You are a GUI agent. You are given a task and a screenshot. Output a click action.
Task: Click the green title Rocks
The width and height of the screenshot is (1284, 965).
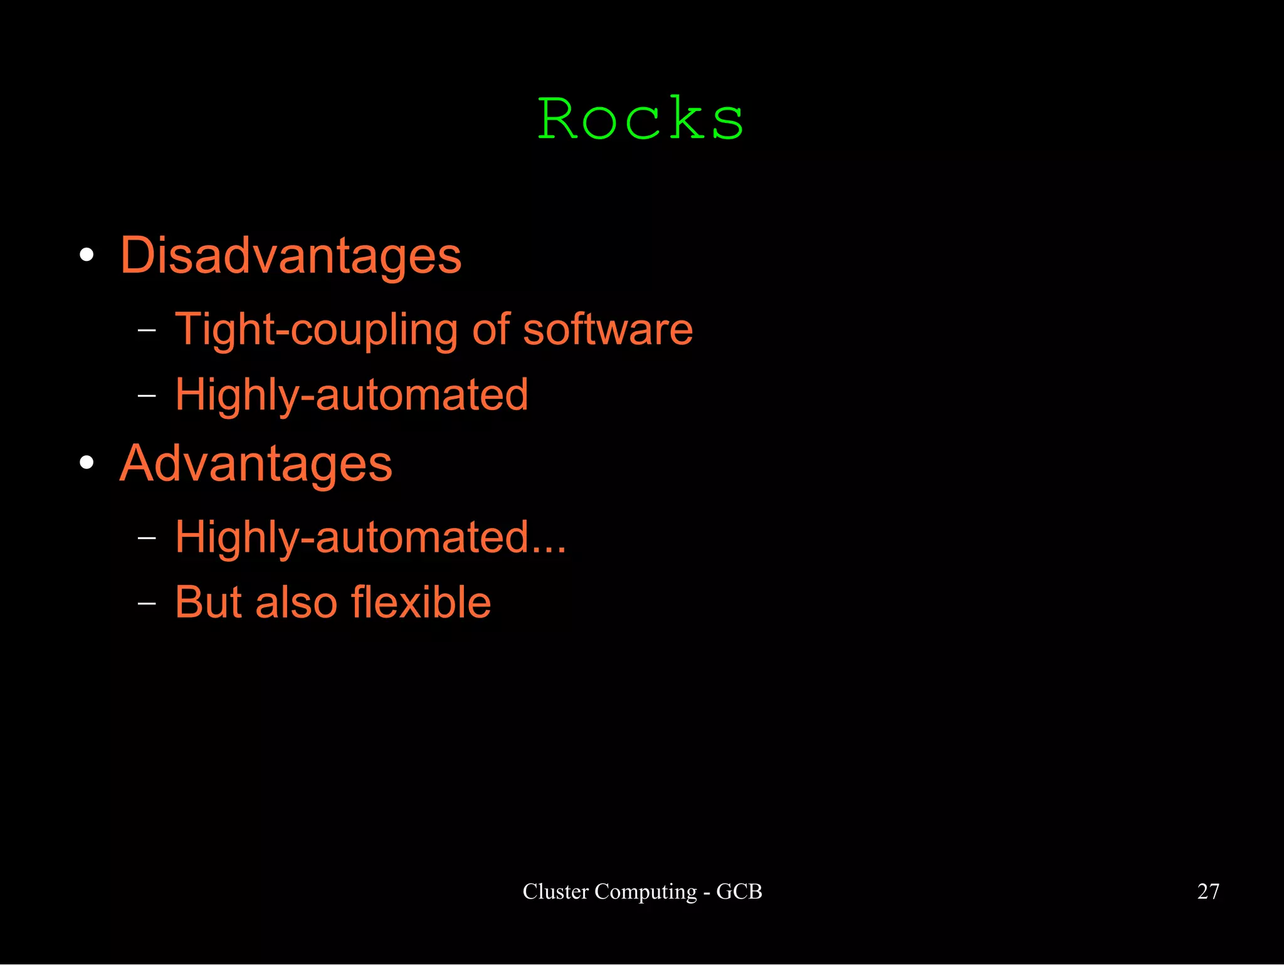click(641, 119)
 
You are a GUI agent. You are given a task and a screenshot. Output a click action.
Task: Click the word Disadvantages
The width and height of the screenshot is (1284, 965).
click(291, 256)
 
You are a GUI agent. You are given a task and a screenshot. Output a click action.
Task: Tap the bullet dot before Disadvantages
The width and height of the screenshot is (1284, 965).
click(87, 255)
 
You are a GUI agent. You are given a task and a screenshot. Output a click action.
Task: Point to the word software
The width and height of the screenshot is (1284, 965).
click(608, 330)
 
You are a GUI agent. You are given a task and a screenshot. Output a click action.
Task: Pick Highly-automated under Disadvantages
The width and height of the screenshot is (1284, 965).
click(352, 395)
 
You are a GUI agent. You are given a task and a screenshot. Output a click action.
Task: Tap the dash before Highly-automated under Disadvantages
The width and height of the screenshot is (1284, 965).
click(147, 396)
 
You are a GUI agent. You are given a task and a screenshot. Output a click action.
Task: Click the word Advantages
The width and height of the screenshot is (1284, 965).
click(256, 464)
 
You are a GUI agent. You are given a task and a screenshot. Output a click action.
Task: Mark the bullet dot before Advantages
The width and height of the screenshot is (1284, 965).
click(87, 463)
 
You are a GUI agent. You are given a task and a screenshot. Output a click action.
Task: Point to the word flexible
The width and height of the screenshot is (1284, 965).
click(421, 603)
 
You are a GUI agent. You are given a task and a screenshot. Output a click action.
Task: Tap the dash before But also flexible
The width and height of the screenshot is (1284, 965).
click(147, 603)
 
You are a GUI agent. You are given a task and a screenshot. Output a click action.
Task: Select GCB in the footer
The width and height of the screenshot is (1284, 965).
click(739, 891)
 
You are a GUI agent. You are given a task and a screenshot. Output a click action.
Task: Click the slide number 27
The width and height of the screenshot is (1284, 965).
click(1208, 891)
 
